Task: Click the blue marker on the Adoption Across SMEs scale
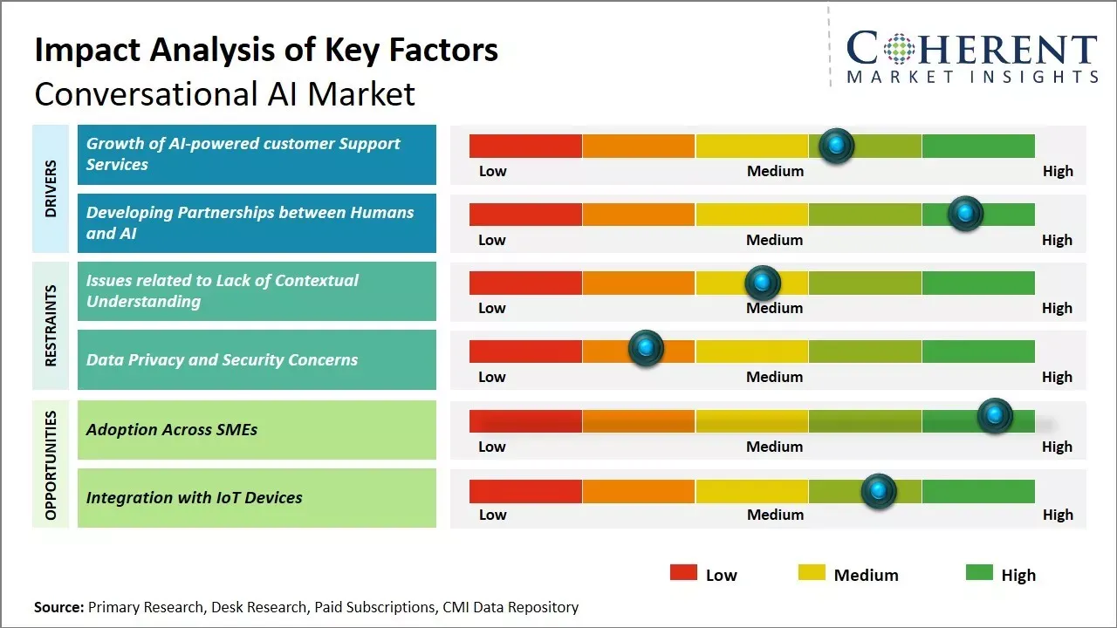[x=995, y=416]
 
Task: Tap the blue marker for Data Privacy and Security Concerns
[x=646, y=348]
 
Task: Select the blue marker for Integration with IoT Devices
[x=879, y=491]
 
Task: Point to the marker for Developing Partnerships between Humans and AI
[x=965, y=213]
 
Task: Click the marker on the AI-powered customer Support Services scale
[x=837, y=146]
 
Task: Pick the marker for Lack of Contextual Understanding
[x=763, y=282]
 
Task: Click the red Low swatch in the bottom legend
[x=683, y=573]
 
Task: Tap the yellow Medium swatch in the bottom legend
[x=812, y=573]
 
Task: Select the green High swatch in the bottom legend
[x=979, y=573]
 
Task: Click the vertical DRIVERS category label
[x=50, y=188]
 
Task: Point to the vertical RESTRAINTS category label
[x=50, y=325]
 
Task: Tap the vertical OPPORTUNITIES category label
[x=50, y=465]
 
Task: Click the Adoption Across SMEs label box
[x=257, y=429]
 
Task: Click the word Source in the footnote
[x=58, y=607]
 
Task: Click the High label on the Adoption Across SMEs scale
[x=1057, y=447]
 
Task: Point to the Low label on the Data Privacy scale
[x=492, y=377]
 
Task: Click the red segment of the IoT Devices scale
[x=525, y=491]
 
